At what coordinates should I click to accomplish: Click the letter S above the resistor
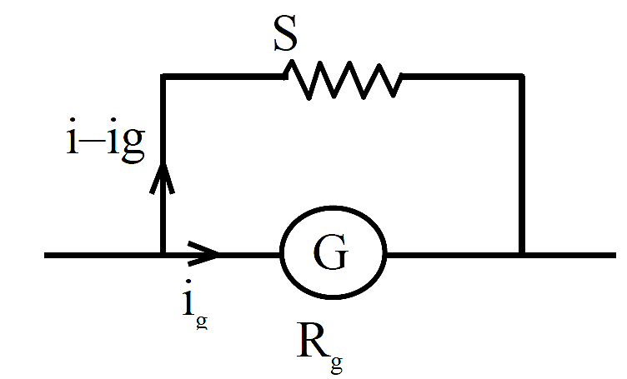coord(285,33)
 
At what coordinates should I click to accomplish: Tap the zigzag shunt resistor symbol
coord(343,79)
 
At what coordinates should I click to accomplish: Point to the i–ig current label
coord(106,140)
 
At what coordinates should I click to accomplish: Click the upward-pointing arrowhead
coord(162,178)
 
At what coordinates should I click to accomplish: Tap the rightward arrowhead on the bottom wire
coord(203,253)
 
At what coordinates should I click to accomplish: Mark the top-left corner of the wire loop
coord(163,77)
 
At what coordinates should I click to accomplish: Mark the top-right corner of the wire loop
coord(521,77)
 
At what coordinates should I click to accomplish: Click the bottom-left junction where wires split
coord(163,255)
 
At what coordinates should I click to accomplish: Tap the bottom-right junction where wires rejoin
coord(521,255)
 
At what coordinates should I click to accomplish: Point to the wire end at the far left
coord(45,255)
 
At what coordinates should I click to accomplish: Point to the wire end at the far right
coord(615,255)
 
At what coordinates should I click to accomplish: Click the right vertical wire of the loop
coord(521,165)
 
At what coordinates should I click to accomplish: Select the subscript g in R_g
coord(337,364)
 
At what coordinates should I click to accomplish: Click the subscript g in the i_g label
coord(202,322)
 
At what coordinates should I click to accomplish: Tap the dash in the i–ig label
coord(90,142)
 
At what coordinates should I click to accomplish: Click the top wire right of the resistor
coord(462,77)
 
